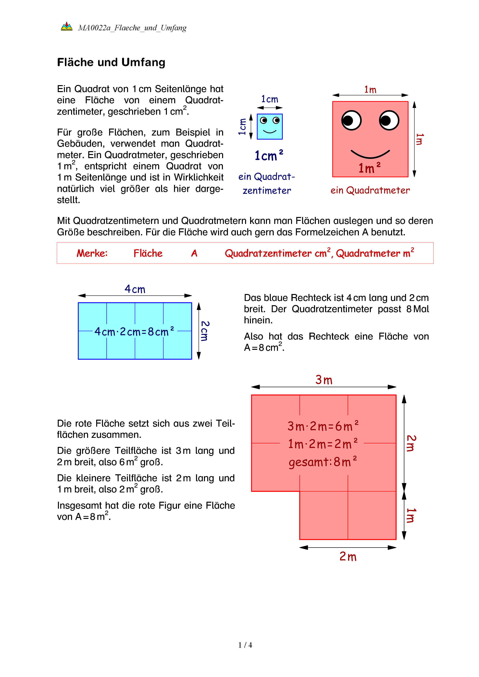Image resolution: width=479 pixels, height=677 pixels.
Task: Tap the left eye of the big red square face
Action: [351, 120]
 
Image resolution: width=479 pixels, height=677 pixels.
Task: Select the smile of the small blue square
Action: [270, 131]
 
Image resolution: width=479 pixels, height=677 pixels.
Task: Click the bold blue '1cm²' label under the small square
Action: [268, 155]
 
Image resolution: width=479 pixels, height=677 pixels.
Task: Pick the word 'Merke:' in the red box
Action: [92, 253]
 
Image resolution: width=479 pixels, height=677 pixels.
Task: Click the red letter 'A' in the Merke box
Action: [194, 253]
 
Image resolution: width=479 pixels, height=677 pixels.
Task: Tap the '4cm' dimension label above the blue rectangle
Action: [135, 289]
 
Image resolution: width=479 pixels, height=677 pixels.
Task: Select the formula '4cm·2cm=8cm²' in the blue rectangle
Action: [134, 332]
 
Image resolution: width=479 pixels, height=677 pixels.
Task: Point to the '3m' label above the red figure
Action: [324, 380]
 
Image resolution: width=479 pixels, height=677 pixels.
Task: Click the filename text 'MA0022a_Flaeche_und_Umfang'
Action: [132, 28]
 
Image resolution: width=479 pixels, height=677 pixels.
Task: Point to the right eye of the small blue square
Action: [276, 120]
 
